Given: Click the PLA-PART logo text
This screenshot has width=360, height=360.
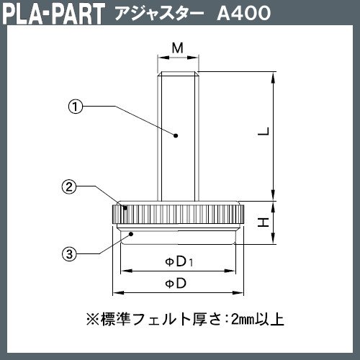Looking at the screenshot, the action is coord(54,13).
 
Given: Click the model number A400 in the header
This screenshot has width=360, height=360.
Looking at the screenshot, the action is coord(244,13).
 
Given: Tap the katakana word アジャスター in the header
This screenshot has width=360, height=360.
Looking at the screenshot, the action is coord(159,13).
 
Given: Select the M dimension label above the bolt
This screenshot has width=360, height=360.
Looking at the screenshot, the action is coord(178,48).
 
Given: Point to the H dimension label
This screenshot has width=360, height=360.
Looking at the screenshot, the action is coord(264,222).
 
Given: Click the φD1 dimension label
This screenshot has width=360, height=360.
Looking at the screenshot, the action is coord(179,261).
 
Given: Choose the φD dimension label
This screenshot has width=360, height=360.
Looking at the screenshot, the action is coord(176,284).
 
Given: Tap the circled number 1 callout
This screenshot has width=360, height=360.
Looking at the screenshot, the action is coord(76,107).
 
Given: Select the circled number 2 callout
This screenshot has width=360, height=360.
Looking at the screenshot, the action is coord(69,186).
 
